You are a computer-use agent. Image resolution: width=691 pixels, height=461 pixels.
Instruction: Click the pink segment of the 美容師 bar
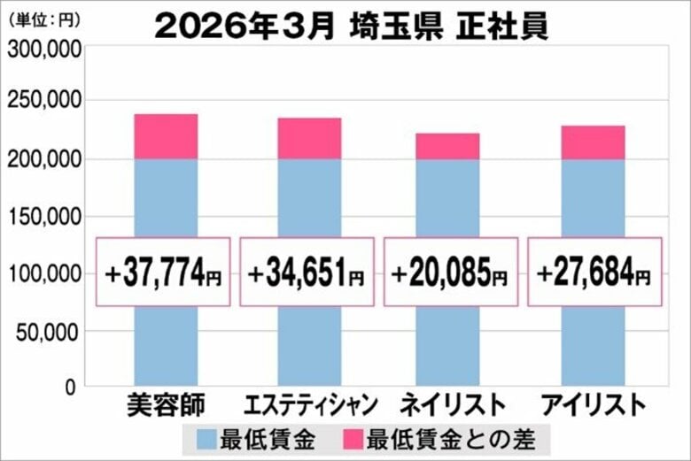click(166, 136)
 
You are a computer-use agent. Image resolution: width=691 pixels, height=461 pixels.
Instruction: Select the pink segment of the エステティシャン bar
click(309, 138)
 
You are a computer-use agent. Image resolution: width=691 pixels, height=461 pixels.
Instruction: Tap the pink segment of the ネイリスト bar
click(447, 146)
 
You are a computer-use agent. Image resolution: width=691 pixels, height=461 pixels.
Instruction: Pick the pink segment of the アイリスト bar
click(593, 142)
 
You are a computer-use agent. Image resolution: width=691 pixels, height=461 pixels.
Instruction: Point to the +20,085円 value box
click(450, 273)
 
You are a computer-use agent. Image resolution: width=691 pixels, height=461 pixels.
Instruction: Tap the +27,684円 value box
click(594, 273)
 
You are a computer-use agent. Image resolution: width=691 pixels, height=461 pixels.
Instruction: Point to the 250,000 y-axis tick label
click(44, 104)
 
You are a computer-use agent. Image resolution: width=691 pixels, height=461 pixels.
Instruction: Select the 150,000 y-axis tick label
click(44, 218)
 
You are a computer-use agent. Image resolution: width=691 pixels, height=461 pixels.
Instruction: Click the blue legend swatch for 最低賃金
click(205, 437)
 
